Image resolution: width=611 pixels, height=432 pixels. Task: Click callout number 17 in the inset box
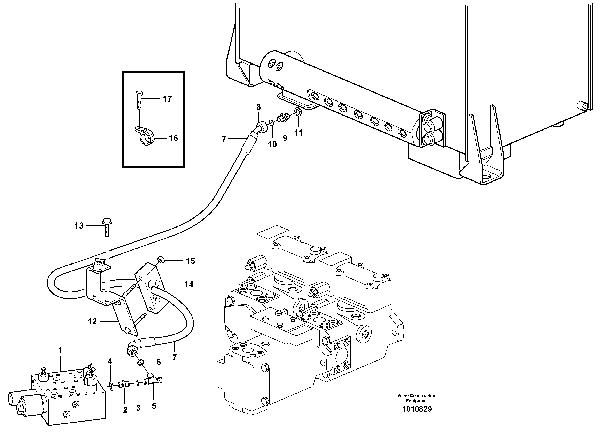click(x=167, y=99)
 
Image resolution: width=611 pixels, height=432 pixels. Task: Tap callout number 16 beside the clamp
click(x=173, y=138)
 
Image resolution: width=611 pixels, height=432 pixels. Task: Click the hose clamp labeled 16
click(x=144, y=137)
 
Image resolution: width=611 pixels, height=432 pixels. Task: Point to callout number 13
click(x=79, y=226)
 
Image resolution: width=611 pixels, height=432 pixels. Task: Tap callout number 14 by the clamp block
click(x=189, y=285)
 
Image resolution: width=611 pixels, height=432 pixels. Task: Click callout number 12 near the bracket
click(x=92, y=322)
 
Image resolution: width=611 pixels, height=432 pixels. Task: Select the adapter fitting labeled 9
click(x=282, y=118)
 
